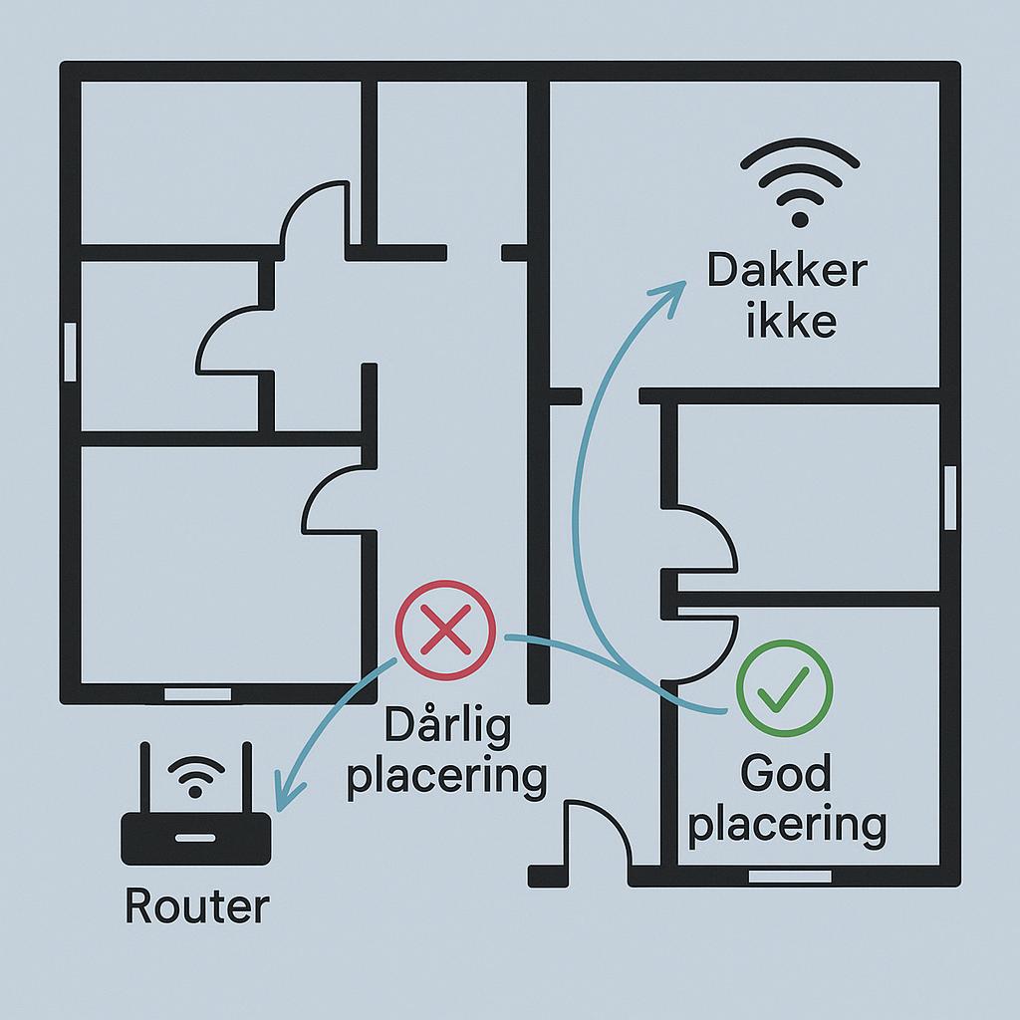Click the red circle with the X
pos(445,631)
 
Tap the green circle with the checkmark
pos(784,688)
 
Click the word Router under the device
pos(196,906)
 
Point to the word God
pos(786,773)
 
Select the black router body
pos(196,839)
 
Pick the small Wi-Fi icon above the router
pos(196,776)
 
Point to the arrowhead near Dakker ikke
pos(670,295)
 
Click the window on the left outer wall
pos(70,352)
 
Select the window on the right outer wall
pos(950,498)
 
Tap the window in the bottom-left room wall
pos(197,694)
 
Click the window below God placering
pos(790,877)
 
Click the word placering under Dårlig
pos(447,776)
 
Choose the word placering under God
pos(787,825)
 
